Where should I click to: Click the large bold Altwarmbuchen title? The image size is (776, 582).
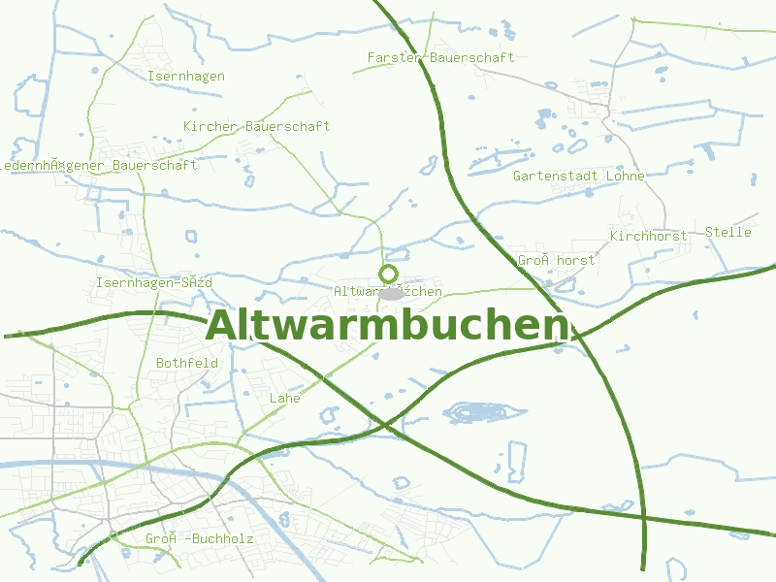click(x=387, y=326)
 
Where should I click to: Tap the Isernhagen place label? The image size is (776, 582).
click(x=186, y=76)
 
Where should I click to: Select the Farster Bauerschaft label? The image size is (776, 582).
click(x=440, y=58)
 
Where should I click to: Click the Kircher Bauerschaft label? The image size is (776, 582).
click(x=256, y=126)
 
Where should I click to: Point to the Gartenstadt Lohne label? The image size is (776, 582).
click(x=578, y=177)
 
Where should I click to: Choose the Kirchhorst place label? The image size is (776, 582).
click(x=648, y=236)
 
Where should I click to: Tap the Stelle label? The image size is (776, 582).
click(x=727, y=232)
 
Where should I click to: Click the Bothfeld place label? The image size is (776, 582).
click(x=187, y=363)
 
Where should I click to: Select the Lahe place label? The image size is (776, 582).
click(x=284, y=398)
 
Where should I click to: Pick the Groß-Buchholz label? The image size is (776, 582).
click(x=199, y=538)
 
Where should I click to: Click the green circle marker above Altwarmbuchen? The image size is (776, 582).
click(x=389, y=274)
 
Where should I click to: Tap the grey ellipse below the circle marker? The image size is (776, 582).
click(x=391, y=293)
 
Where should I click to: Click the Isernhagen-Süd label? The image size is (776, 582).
click(x=153, y=282)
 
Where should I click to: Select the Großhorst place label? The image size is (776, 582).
click(x=556, y=260)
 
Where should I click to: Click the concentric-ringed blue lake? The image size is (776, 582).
click(x=475, y=413)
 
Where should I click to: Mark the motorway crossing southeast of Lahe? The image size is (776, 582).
click(x=385, y=424)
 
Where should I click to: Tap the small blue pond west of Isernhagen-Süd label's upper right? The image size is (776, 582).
click(x=190, y=236)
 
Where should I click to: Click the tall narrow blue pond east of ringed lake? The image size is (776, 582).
click(x=516, y=461)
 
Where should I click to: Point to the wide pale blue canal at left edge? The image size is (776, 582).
click(x=39, y=464)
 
